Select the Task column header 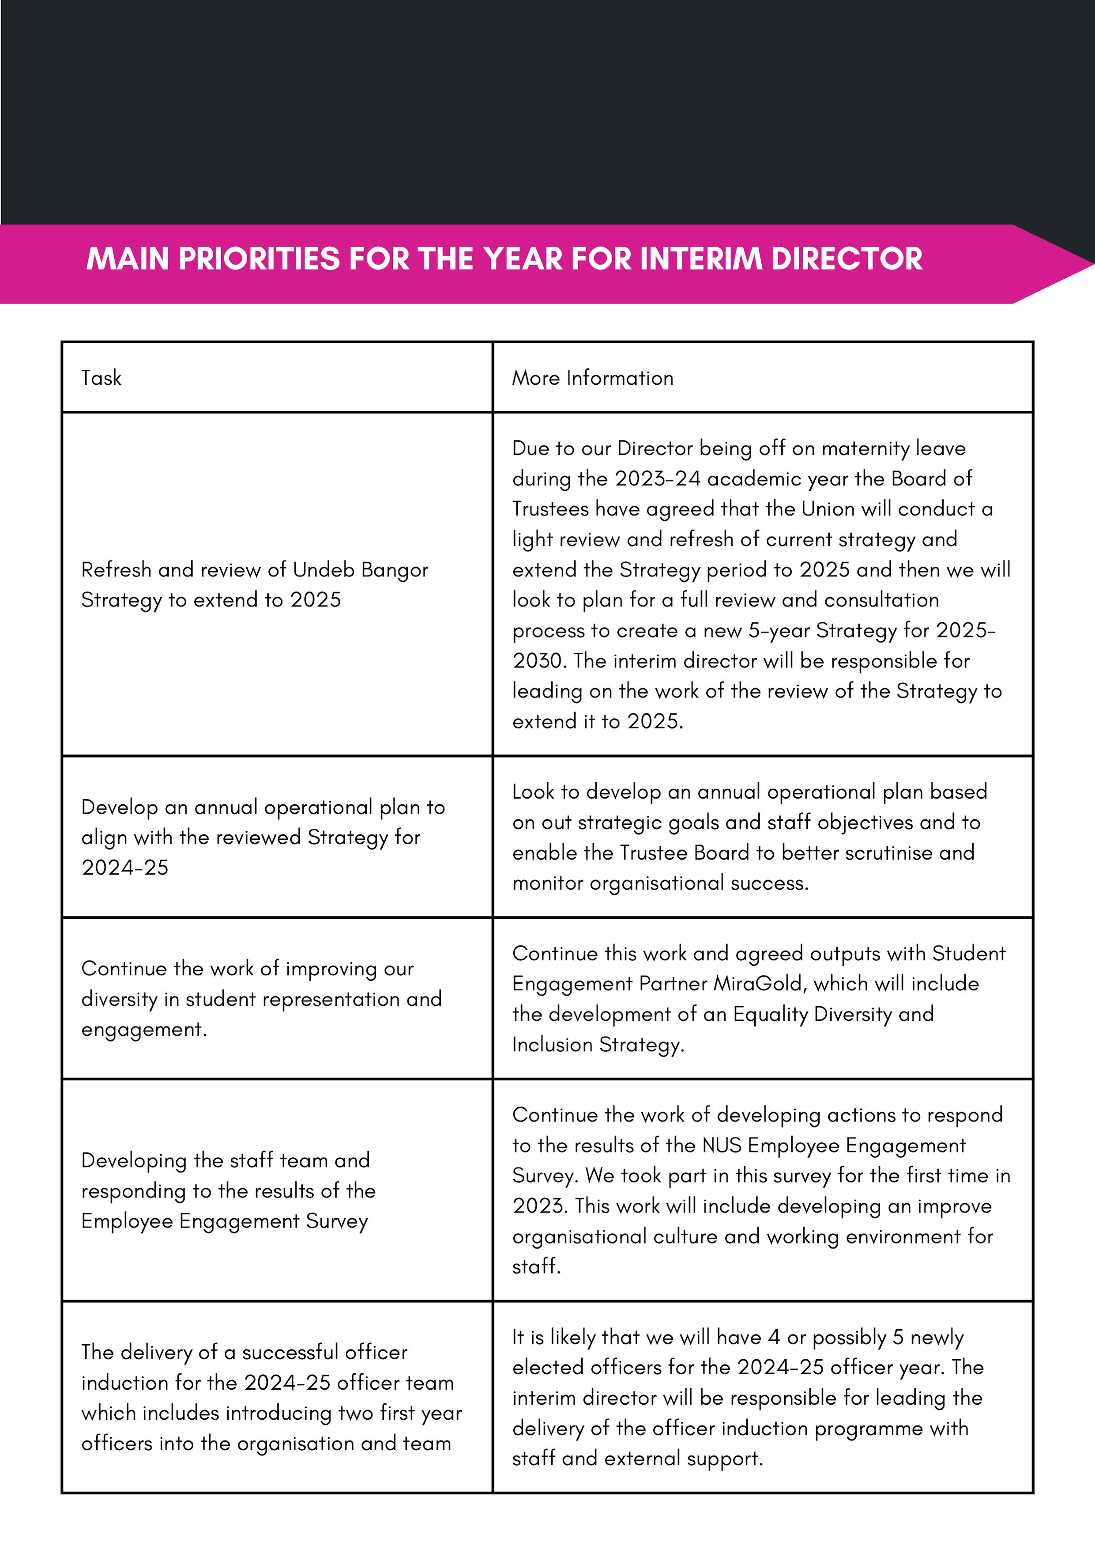(x=101, y=378)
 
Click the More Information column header (x=592, y=378)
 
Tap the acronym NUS (x=722, y=1146)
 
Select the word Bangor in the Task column (x=395, y=570)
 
